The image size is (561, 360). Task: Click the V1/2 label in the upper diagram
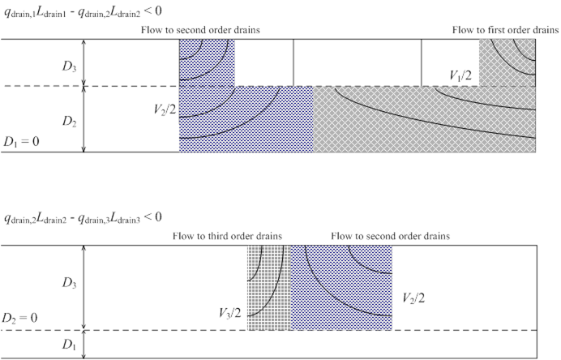click(x=460, y=75)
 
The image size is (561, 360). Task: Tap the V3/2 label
click(x=230, y=313)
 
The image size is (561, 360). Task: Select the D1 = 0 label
click(x=21, y=142)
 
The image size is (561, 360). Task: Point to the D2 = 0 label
click(x=19, y=318)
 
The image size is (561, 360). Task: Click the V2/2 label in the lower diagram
click(x=413, y=298)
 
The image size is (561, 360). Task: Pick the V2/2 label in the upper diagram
click(x=165, y=109)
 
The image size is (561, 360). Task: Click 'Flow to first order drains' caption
click(x=505, y=30)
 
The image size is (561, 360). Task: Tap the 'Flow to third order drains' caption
click(x=227, y=236)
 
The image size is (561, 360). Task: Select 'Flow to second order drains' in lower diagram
click(x=390, y=236)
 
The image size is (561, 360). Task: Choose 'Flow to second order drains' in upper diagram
click(x=200, y=30)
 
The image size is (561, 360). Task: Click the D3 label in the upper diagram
click(x=69, y=66)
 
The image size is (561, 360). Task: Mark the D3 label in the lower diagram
click(x=69, y=283)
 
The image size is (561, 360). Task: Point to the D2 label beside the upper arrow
click(x=69, y=122)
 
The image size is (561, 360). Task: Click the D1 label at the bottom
click(x=69, y=345)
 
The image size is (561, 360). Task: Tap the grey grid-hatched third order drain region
click(x=269, y=288)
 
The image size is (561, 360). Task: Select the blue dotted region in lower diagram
click(x=341, y=288)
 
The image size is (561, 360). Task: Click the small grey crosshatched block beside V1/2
click(x=507, y=62)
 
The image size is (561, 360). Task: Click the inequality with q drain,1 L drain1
click(x=83, y=11)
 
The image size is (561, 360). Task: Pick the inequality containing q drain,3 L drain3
click(x=83, y=217)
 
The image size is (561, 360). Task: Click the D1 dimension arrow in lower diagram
click(x=84, y=345)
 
